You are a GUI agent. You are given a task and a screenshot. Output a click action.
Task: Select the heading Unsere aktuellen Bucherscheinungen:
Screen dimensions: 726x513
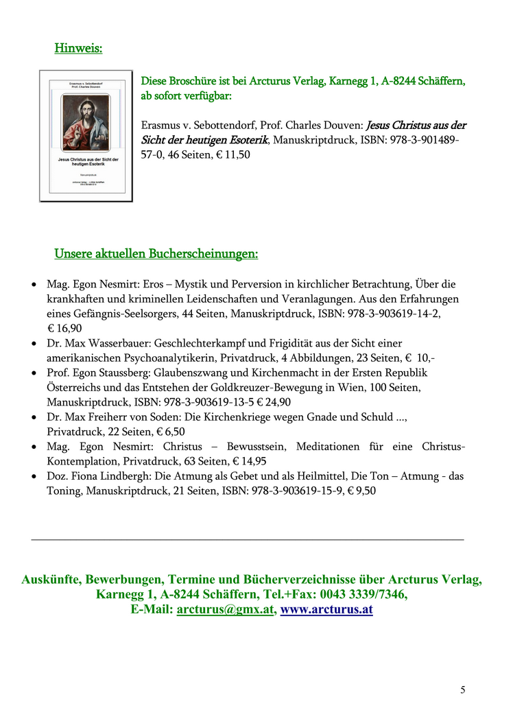tap(156, 254)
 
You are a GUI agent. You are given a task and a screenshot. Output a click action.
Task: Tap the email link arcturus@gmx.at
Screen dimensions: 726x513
tap(226, 609)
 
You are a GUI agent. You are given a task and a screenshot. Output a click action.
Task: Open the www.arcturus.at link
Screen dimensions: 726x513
tap(326, 609)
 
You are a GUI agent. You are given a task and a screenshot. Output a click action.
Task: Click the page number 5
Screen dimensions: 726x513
tap(463, 690)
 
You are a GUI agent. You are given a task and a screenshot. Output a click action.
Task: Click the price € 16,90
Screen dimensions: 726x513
tap(64, 328)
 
